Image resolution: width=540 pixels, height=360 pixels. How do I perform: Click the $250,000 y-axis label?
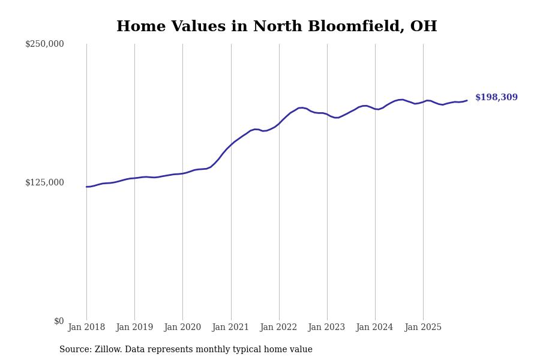tap(44, 44)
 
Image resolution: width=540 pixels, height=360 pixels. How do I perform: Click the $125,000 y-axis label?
tap(44, 182)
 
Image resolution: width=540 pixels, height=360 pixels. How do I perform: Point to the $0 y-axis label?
tap(59, 321)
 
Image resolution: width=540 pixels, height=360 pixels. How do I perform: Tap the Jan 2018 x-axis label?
tap(86, 328)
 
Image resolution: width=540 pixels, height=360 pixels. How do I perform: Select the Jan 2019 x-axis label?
tap(134, 328)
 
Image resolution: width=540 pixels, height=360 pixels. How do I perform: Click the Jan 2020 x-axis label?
tap(182, 328)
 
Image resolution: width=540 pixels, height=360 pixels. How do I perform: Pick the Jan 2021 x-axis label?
tap(231, 328)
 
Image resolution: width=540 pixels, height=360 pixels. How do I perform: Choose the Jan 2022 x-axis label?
tap(279, 328)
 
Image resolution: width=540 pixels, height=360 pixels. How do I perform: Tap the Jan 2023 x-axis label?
tap(327, 328)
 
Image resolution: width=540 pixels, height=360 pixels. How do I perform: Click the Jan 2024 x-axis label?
tap(375, 328)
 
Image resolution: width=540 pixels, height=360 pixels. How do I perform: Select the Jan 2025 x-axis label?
tap(423, 328)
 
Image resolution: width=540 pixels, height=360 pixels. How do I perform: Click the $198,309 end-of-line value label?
tap(496, 98)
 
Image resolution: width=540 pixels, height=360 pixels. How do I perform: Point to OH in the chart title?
tap(424, 27)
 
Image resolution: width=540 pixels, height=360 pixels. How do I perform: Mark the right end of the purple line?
tap(467, 100)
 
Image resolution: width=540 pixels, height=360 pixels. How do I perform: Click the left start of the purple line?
tap(86, 187)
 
